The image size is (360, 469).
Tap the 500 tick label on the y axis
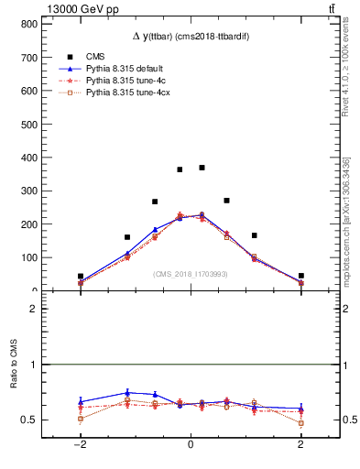27,124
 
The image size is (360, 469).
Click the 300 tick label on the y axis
27,191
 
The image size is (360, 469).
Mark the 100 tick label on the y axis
27,257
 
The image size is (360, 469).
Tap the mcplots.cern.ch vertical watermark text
345,220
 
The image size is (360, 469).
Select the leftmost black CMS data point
81,276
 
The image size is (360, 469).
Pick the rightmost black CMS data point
300,276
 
